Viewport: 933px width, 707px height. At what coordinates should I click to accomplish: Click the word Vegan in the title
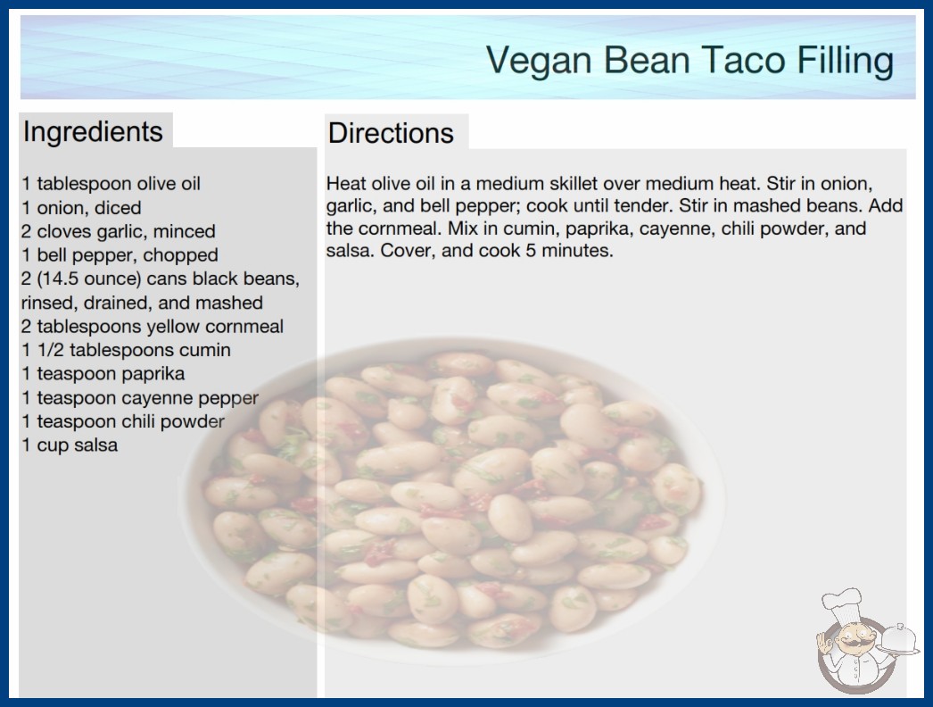point(539,61)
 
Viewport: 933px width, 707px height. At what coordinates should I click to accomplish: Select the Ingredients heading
point(93,132)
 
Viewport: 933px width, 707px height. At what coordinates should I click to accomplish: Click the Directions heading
point(391,133)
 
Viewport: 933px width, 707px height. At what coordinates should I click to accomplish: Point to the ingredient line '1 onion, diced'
point(81,208)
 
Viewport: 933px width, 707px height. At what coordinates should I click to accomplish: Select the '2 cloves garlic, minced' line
point(119,232)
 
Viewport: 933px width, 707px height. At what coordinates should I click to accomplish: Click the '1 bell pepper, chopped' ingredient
point(120,255)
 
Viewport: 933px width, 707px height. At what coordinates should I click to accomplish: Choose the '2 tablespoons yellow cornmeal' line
point(153,327)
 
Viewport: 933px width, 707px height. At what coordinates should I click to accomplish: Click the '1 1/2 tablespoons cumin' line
point(126,350)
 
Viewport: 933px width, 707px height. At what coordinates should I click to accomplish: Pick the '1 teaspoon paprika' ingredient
point(103,374)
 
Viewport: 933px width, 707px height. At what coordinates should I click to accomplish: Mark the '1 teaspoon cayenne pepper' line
point(140,398)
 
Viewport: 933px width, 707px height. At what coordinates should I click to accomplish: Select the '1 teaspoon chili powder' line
point(122,421)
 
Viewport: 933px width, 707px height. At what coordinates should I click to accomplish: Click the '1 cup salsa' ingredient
point(70,445)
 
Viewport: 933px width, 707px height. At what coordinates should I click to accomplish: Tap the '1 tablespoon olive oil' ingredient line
point(111,184)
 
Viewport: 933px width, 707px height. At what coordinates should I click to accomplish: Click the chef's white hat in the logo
point(842,604)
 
